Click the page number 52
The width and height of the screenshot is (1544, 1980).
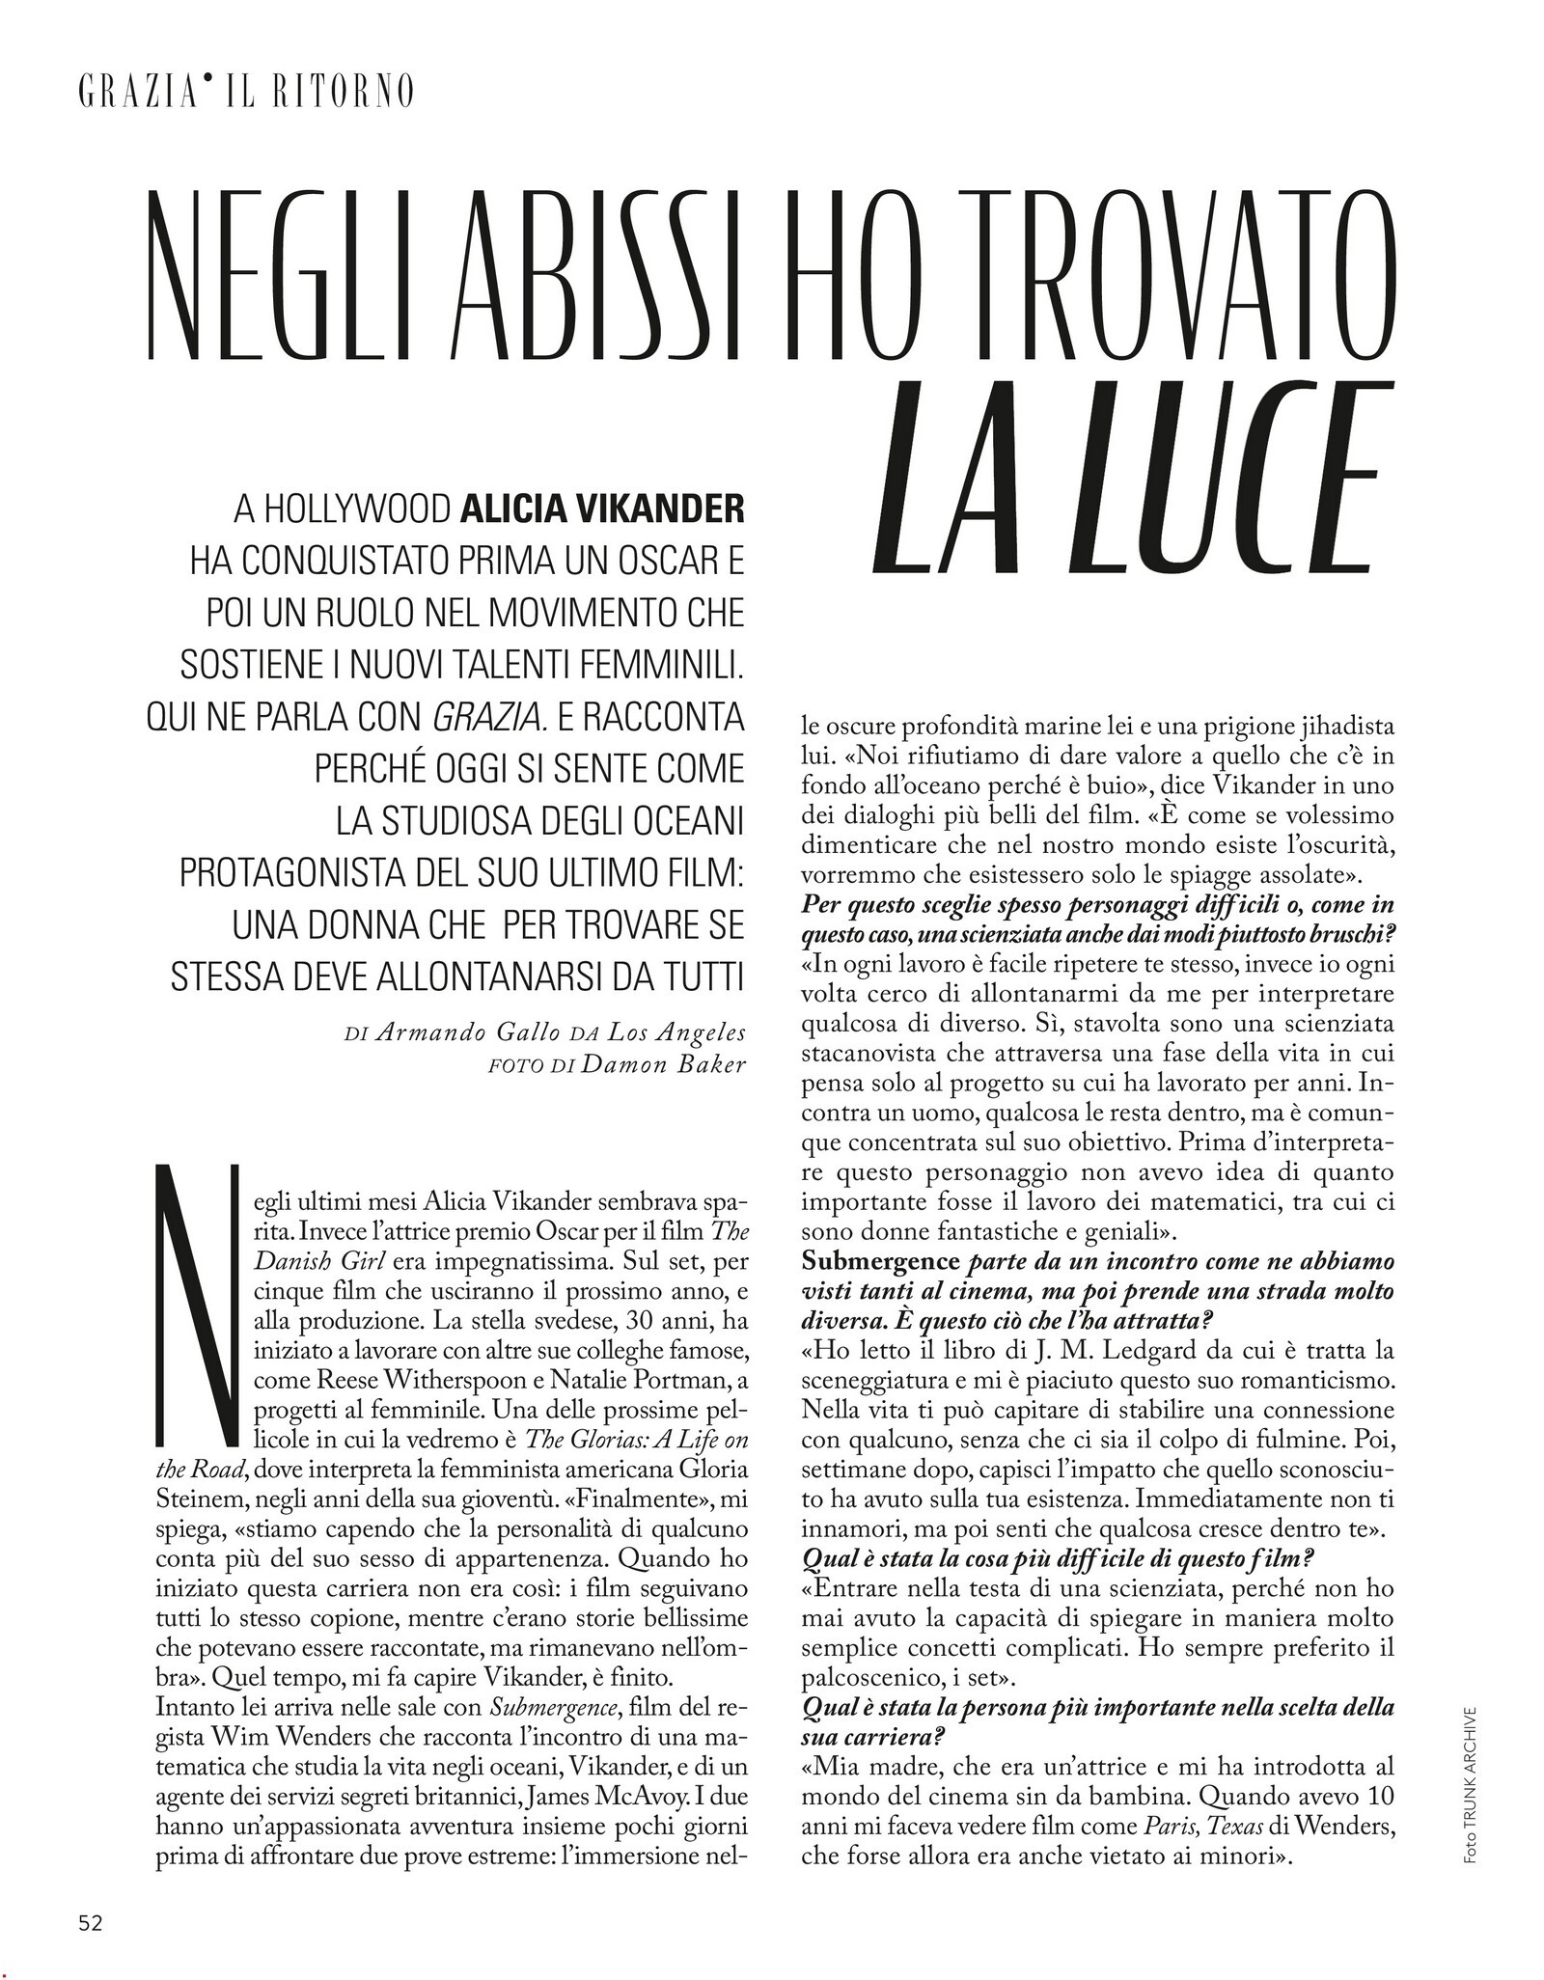point(90,1923)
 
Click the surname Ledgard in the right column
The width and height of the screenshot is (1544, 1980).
point(1101,1356)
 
